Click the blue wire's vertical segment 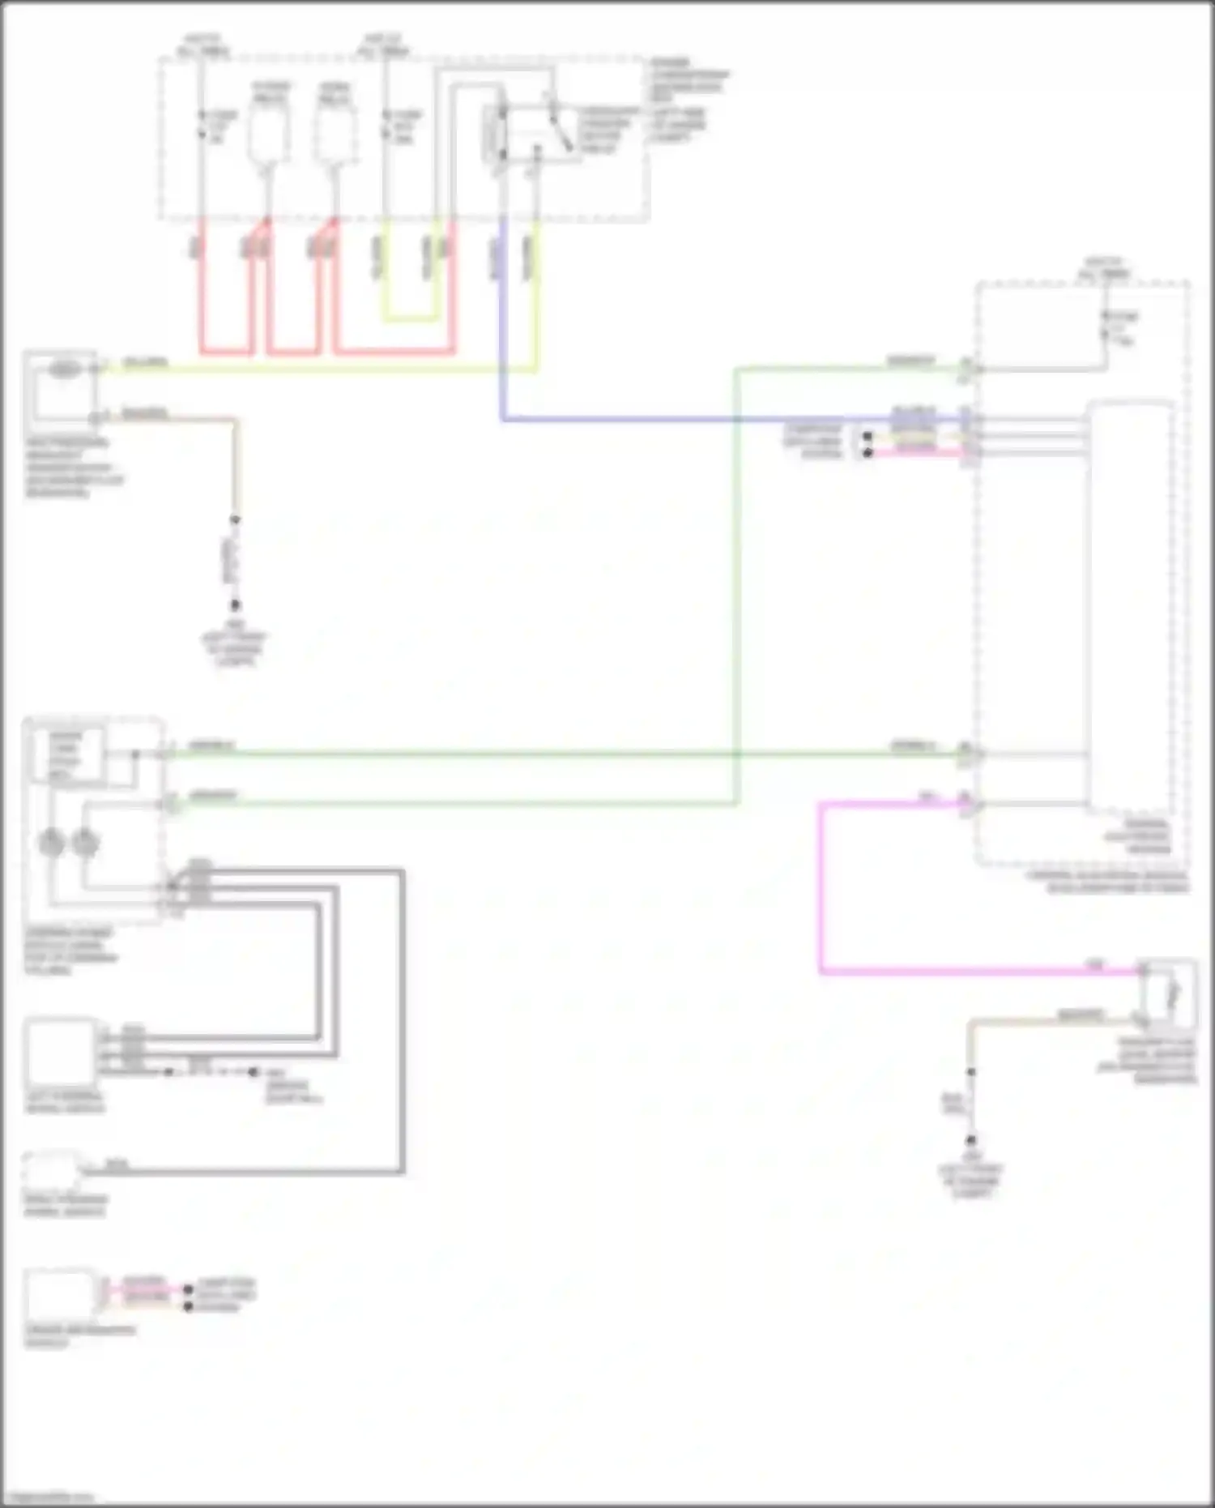[502, 324]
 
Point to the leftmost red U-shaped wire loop [227, 351]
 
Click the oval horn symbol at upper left [65, 370]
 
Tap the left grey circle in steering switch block [52, 844]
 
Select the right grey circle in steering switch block [84, 844]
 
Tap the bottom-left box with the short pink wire [60, 1294]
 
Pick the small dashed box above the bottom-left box [53, 1169]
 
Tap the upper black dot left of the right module [868, 437]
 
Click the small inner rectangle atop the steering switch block [66, 754]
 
